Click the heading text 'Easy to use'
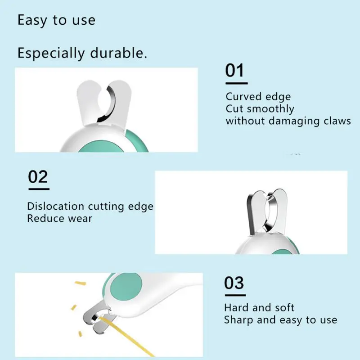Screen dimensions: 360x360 56,21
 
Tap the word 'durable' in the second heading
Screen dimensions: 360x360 118,53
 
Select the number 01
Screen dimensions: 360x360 234,70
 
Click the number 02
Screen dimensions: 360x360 38,177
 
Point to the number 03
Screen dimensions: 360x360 234,283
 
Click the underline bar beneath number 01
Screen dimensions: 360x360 237,83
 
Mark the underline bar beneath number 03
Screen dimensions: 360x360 235,295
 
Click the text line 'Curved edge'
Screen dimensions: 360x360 258,97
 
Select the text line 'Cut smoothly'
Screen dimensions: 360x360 260,109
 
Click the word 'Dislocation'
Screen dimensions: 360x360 55,206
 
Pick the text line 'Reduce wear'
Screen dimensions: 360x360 60,218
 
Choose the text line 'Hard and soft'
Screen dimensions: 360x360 259,308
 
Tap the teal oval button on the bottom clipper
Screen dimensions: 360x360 126,287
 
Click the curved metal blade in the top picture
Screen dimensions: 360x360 108,104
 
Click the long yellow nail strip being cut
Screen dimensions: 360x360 126,336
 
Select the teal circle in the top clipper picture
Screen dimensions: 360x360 101,147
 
